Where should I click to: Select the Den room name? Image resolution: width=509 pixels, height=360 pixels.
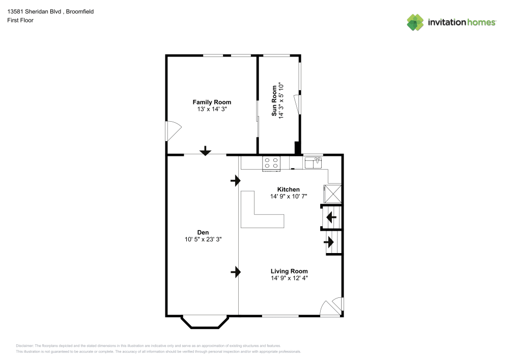(x=204, y=232)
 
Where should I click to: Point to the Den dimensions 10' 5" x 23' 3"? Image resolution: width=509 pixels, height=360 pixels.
(x=204, y=239)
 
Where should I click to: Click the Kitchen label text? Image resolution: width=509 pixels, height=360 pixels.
(x=288, y=189)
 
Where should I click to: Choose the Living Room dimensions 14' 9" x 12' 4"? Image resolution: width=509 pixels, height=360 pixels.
(x=289, y=278)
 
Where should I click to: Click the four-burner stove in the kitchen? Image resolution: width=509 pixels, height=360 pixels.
(x=271, y=163)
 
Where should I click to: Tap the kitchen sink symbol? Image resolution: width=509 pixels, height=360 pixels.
(x=313, y=163)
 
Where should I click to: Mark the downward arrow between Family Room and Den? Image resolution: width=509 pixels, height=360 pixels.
(x=205, y=151)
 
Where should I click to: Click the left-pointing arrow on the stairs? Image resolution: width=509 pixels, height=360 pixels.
(x=331, y=218)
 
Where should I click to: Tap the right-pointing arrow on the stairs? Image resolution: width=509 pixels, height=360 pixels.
(x=329, y=241)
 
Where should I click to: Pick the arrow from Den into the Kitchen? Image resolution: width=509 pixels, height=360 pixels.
(x=236, y=180)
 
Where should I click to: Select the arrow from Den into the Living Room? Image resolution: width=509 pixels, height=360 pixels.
(x=236, y=272)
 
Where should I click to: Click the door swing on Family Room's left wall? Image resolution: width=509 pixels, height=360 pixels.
(x=173, y=130)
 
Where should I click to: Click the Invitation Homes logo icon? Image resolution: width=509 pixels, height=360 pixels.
(x=415, y=22)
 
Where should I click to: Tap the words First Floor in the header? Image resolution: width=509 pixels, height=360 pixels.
(x=20, y=20)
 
